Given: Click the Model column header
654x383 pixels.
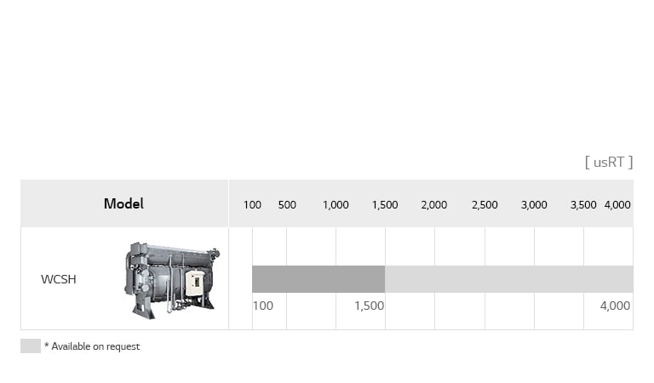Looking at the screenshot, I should (x=123, y=203).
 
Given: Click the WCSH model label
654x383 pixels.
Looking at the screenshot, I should (x=59, y=279).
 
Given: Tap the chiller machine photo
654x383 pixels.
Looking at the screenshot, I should (x=171, y=280).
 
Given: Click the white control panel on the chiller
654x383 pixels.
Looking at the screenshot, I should (x=195, y=283).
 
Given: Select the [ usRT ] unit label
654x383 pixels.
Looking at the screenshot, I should (x=608, y=162).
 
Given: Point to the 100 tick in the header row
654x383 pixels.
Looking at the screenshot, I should (x=252, y=205).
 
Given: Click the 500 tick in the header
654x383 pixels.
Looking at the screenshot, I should (x=287, y=205).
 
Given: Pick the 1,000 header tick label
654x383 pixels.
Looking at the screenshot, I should (x=336, y=205).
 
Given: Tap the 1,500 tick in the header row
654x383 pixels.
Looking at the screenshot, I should (x=385, y=205).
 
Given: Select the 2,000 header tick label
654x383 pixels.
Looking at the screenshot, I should (x=434, y=205).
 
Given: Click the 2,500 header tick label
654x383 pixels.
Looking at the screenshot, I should (x=485, y=205).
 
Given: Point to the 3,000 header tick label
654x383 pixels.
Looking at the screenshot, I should (x=534, y=205).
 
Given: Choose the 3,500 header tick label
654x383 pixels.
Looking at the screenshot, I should (x=583, y=205).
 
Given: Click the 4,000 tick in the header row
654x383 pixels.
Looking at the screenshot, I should (x=617, y=205).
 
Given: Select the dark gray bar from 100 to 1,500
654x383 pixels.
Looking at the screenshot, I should (x=318, y=279).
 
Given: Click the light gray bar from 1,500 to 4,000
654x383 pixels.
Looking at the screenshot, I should (x=508, y=279).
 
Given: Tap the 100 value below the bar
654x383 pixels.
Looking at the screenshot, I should (x=263, y=306).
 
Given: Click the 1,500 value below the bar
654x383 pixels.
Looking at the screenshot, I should (x=369, y=306).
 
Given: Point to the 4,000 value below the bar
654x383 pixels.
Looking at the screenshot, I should (x=615, y=306).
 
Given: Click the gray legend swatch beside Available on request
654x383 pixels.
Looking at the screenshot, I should (x=31, y=346).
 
